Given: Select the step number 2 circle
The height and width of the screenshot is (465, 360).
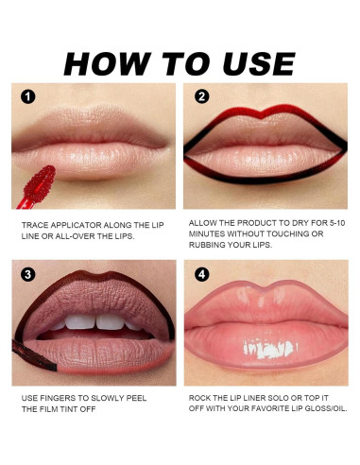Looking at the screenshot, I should [202, 97].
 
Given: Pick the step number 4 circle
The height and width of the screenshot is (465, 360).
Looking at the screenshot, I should [202, 276].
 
